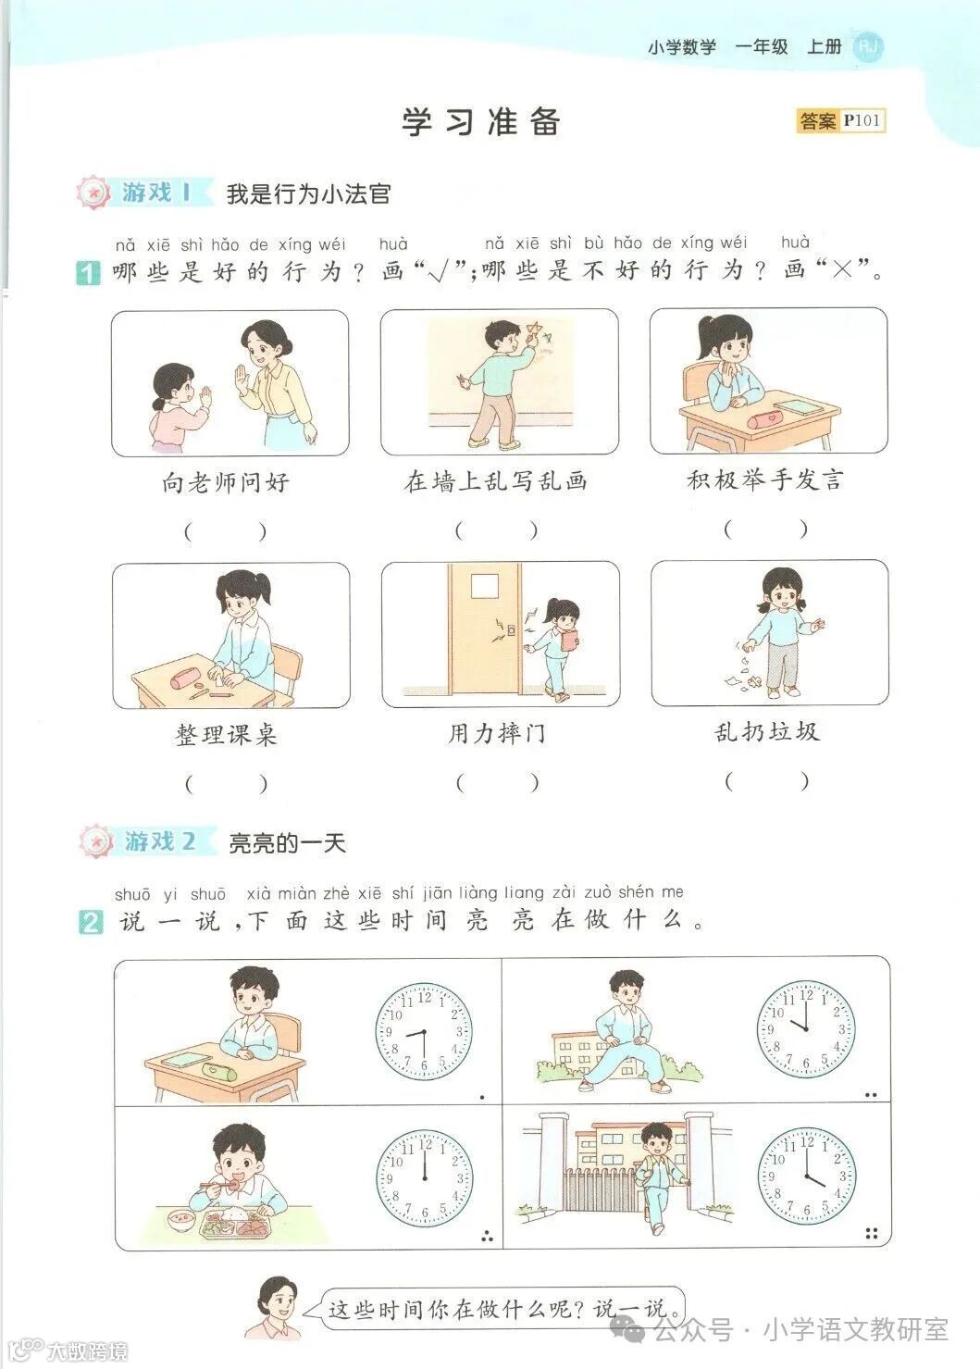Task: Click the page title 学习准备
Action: (x=481, y=121)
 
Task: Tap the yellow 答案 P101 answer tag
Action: (x=840, y=120)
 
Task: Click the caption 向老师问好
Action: (x=226, y=482)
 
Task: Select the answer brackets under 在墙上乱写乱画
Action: (x=496, y=530)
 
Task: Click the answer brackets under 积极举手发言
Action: (x=765, y=529)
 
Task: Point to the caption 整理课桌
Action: (x=226, y=735)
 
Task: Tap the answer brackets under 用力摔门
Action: (x=496, y=782)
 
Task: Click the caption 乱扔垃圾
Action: (x=767, y=731)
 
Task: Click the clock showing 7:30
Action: (x=424, y=1032)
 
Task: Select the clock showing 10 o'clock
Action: (x=806, y=1028)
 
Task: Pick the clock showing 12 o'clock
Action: (x=424, y=1178)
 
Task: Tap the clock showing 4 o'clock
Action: (x=806, y=1176)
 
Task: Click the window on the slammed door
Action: (x=484, y=587)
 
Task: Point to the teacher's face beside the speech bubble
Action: (x=277, y=1302)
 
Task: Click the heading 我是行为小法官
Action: (x=308, y=193)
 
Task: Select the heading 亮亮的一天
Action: (x=286, y=842)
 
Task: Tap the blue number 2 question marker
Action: (x=91, y=922)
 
